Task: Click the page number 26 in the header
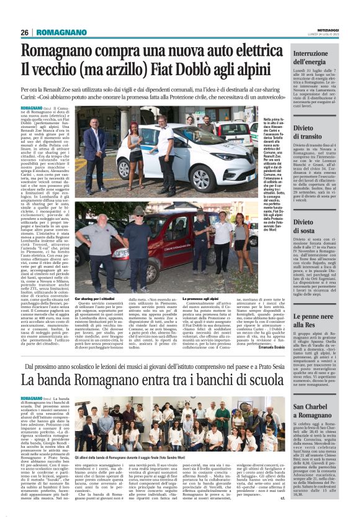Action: pyautogui.click(x=25, y=32)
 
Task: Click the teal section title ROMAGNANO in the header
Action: pyautogui.click(x=60, y=32)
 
